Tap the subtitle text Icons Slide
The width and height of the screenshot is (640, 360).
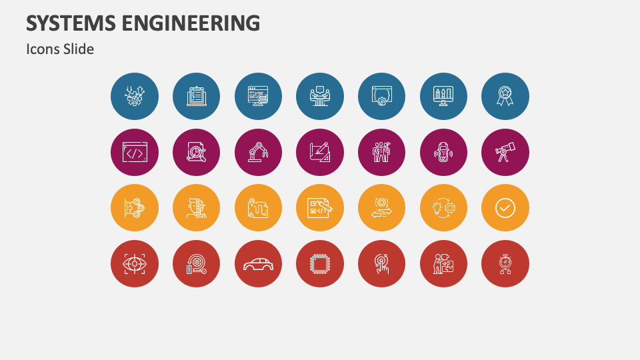pyautogui.click(x=60, y=49)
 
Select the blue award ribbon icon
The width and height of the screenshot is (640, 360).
pyautogui.click(x=505, y=97)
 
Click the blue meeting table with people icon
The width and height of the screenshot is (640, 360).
pyautogui.click(x=320, y=97)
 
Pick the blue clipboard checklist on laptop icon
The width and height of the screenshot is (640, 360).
pyautogui.click(x=197, y=97)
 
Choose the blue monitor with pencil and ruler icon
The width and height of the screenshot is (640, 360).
pyautogui.click(x=443, y=97)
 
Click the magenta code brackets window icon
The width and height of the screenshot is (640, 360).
pyautogui.click(x=135, y=153)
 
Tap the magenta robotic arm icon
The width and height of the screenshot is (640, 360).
pyautogui.click(x=258, y=153)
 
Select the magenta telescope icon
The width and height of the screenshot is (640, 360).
pyautogui.click(x=505, y=153)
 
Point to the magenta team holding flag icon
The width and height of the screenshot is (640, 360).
pyautogui.click(x=382, y=153)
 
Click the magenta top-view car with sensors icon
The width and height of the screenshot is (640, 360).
pyautogui.click(x=443, y=153)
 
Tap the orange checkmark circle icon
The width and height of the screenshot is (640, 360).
pyautogui.click(x=505, y=208)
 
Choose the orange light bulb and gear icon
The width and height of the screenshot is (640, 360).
pyautogui.click(x=443, y=208)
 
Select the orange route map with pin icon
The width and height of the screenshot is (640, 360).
pyautogui.click(x=258, y=208)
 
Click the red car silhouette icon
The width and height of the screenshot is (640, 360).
pyautogui.click(x=258, y=264)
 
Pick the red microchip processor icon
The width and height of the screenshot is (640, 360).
pyautogui.click(x=320, y=264)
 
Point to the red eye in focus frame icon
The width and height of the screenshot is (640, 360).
pyautogui.click(x=135, y=264)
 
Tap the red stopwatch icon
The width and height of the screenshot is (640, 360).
pyautogui.click(x=505, y=264)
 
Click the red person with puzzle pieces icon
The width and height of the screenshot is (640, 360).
pyautogui.click(x=443, y=264)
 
